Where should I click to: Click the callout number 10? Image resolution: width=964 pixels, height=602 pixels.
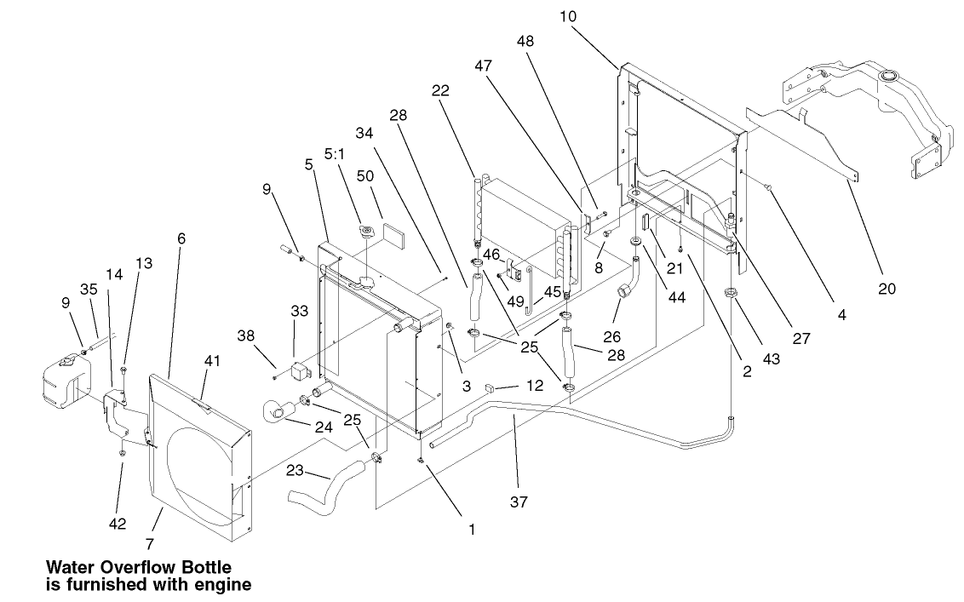coord(569,16)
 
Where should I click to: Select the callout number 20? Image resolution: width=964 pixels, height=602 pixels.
coord(887,289)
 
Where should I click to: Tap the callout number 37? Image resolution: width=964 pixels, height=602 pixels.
coord(519,502)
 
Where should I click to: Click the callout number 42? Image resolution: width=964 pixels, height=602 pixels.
coord(118,525)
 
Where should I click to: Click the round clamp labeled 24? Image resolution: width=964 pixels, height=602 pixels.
coord(278,412)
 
